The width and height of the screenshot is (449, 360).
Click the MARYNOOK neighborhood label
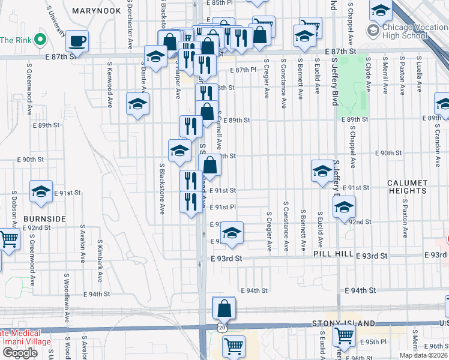[96, 11]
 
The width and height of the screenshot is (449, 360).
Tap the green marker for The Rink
[40, 40]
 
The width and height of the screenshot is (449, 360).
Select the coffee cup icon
[76, 41]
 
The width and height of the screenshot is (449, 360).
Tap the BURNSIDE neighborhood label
[44, 219]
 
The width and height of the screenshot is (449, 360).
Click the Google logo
[20, 353]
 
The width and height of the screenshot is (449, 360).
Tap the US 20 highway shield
[223, 328]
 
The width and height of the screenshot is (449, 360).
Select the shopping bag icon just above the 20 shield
[224, 308]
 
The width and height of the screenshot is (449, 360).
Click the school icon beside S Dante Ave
[137, 104]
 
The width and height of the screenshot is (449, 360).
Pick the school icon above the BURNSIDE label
[41, 191]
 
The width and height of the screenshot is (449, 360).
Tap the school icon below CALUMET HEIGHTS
[344, 208]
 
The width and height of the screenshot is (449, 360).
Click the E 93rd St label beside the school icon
[226, 259]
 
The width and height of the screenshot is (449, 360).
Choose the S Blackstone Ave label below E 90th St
[162, 188]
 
